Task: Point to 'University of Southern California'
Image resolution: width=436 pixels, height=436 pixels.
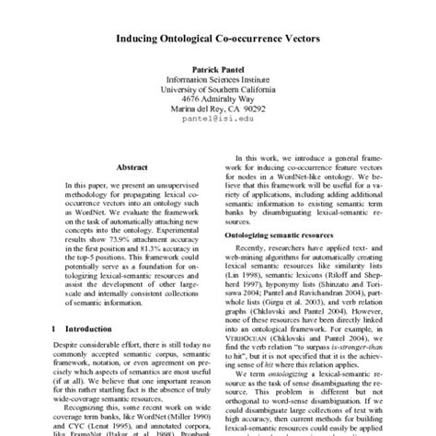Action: tap(217, 117)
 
